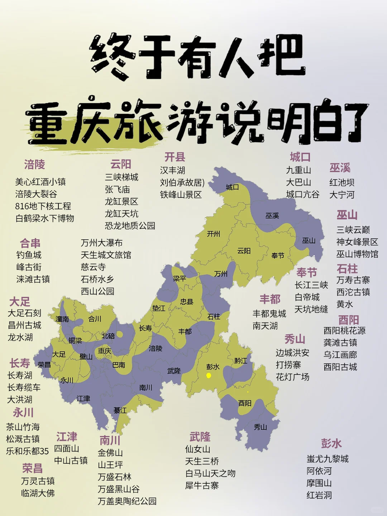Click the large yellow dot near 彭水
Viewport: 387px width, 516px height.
click(209, 375)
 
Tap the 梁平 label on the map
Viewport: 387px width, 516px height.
click(179, 278)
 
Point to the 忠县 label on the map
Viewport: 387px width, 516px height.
click(187, 302)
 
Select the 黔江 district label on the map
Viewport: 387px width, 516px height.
click(241, 360)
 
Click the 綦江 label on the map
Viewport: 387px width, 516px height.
click(120, 410)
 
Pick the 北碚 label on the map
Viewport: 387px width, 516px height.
click(108, 336)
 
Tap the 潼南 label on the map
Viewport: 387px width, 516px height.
click(62, 319)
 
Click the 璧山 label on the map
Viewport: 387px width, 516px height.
click(86, 356)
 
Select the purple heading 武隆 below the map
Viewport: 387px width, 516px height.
click(200, 437)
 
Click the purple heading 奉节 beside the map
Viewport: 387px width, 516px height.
click(307, 273)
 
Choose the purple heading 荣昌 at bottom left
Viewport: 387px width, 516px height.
click(32, 468)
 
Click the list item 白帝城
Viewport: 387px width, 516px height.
click(307, 297)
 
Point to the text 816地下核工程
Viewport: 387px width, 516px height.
click(43, 206)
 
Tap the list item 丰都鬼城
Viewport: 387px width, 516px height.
click(269, 314)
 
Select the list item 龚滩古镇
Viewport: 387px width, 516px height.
click(340, 343)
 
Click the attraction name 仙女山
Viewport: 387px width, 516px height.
click(197, 449)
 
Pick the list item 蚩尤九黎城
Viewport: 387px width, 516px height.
click(328, 459)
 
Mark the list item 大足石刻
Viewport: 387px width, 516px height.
click(24, 313)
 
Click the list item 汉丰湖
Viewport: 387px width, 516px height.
click(172, 170)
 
